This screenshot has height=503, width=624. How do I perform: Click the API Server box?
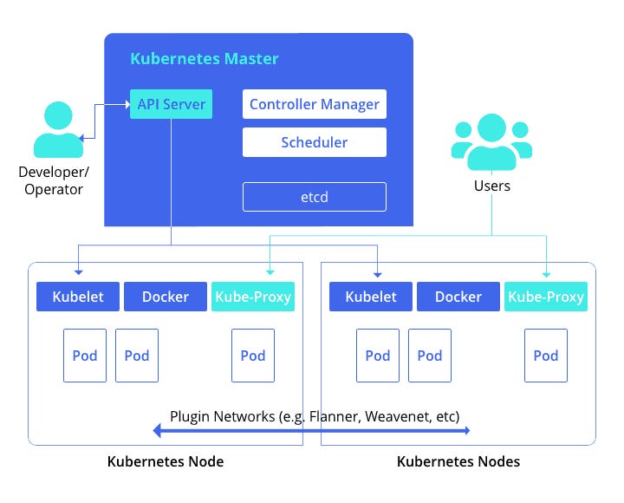point(172,105)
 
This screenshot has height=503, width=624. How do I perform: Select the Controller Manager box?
point(314,105)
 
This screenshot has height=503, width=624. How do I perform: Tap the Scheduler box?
point(314,142)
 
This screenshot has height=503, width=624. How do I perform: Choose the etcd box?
point(314,198)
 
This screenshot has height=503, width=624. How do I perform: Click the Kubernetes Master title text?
point(205,59)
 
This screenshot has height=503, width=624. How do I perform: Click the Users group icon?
point(491,143)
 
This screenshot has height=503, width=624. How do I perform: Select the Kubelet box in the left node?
point(77,297)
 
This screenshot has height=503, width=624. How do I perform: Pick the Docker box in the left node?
point(165,297)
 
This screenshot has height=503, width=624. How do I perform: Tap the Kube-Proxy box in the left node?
point(253,297)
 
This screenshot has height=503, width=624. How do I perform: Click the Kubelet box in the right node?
point(370,297)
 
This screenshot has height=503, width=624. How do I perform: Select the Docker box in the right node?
point(458,297)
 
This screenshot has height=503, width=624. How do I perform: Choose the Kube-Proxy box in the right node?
point(546,297)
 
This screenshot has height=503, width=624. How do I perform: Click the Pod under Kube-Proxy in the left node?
point(253,356)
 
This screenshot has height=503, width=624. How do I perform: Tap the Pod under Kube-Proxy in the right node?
point(546,356)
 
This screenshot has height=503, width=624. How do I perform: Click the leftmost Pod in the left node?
point(85,356)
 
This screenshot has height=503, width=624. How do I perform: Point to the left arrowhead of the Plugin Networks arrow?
point(158,430)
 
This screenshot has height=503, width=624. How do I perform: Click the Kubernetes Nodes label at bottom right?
point(458,461)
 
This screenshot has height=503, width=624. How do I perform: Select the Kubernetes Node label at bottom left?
point(165,461)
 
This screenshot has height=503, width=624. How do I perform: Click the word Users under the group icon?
point(491,186)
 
